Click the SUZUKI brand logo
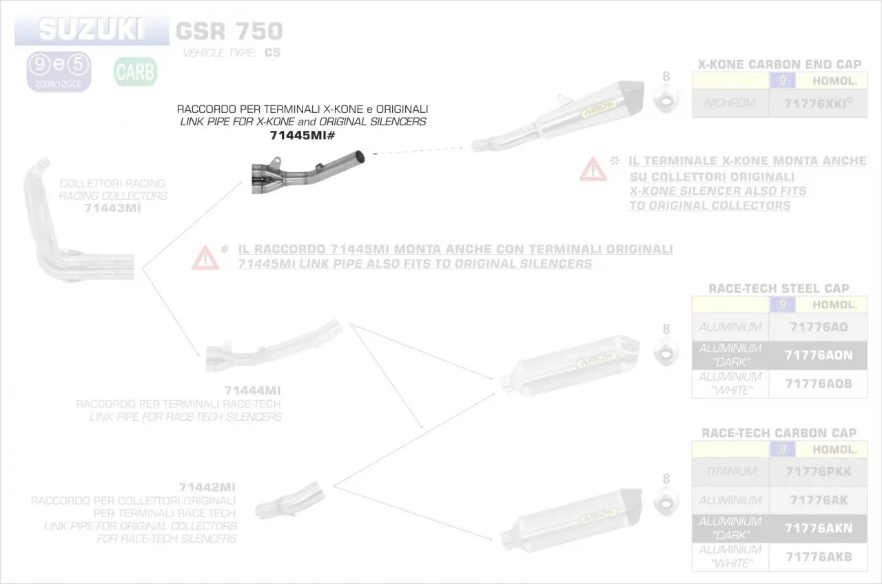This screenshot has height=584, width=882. click(91, 30)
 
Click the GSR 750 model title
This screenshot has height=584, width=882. click(229, 31)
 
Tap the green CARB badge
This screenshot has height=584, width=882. click(135, 72)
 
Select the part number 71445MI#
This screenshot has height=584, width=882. click(302, 136)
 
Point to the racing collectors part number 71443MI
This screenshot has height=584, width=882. click(112, 208)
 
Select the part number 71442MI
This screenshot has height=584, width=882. click(207, 488)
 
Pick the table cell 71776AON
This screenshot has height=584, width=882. click(818, 355)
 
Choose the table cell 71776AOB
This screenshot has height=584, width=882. click(818, 384)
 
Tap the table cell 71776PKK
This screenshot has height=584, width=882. click(818, 472)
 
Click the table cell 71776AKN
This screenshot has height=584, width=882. click(818, 528)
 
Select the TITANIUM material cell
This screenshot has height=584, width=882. click(730, 472)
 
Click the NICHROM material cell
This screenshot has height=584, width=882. click(730, 103)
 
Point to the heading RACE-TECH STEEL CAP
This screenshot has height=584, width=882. click(779, 289)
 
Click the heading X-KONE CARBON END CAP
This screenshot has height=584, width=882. click(779, 65)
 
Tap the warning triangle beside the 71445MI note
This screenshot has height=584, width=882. click(205, 258)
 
